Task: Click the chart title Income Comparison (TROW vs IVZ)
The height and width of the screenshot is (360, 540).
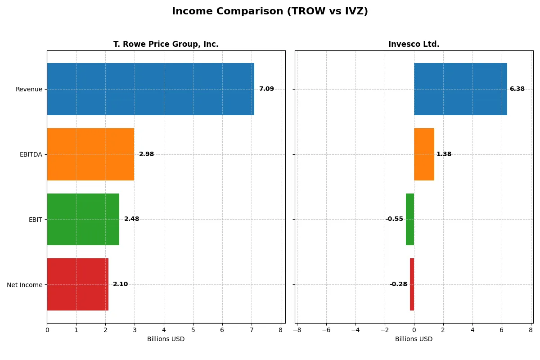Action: coord(270,12)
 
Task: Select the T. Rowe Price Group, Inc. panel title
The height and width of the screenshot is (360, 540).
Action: coord(166,44)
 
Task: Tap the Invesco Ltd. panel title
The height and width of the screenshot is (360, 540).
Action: coord(414,44)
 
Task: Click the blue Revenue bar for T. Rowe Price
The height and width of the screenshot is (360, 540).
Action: coord(150,89)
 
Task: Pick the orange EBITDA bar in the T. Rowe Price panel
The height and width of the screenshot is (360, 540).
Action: coord(90,154)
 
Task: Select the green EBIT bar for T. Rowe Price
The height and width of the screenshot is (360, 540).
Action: coord(83,219)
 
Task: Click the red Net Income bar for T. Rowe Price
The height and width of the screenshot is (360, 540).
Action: coord(77,284)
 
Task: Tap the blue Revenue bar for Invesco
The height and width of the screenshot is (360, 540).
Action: coord(460,89)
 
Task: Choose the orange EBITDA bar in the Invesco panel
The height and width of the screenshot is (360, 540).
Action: coord(424,154)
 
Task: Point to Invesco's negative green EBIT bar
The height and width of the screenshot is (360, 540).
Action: coord(410,219)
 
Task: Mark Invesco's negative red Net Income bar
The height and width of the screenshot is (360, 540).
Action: coord(412,284)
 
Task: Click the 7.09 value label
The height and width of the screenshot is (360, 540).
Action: coord(266,89)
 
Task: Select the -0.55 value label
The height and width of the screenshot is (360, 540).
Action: coord(394,219)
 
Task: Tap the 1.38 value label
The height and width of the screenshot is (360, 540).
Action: coord(444,154)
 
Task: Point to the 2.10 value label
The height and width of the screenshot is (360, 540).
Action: coord(120,284)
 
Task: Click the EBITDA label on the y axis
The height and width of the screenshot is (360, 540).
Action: coord(31,154)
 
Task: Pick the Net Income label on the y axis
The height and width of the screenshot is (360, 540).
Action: coord(25,285)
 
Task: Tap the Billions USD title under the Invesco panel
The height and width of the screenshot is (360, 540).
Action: coord(414,339)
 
